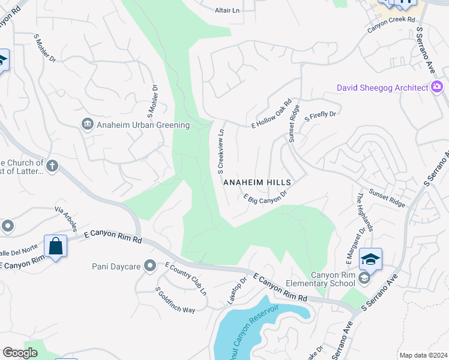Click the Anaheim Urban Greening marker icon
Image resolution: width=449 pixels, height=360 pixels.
pos(87,125)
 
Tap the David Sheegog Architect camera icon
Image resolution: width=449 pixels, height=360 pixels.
pos(436,88)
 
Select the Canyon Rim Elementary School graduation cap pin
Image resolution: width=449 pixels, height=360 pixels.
pos(370,260)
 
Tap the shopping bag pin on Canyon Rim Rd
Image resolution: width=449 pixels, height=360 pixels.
pos(55,246)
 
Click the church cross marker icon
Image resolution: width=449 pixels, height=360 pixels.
pos(52,166)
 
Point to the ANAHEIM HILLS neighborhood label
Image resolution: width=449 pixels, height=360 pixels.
pos(257,182)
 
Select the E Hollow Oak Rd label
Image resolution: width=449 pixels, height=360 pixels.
pos(271,113)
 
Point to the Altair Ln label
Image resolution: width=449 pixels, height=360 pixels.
pos(227,10)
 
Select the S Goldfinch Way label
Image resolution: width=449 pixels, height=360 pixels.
pos(175,300)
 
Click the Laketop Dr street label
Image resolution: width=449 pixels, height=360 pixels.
pos(237,290)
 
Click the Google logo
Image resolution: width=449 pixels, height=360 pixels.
pos(20,352)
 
